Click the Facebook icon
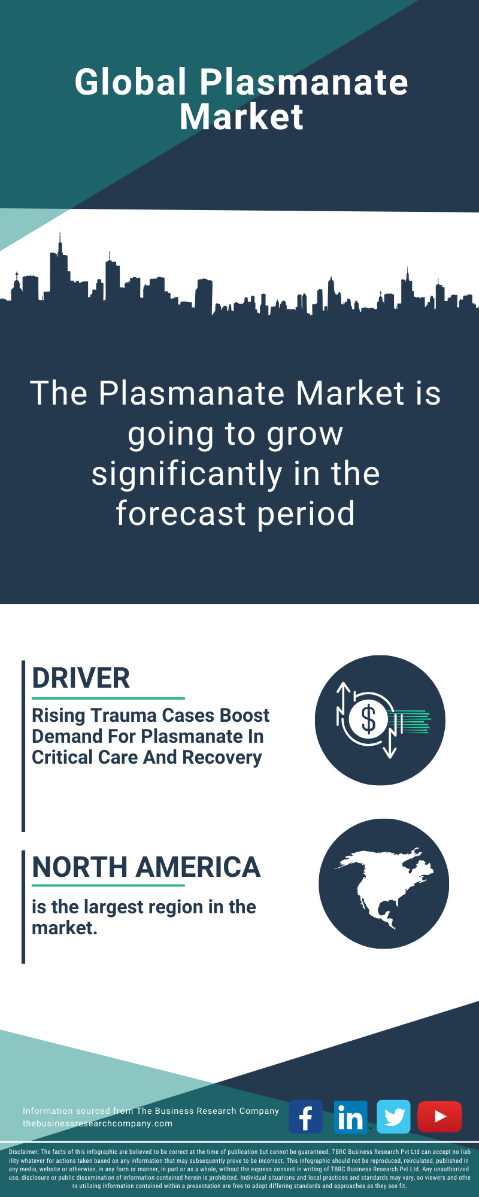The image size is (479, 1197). (x=305, y=1116)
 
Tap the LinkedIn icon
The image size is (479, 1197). (x=350, y=1116)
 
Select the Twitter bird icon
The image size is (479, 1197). (x=394, y=1116)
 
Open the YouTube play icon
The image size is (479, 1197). (x=439, y=1116)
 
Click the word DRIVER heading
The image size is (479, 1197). (x=81, y=678)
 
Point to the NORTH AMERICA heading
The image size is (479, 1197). (x=146, y=867)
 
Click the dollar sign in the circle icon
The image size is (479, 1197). (x=368, y=719)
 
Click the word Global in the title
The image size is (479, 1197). (x=131, y=82)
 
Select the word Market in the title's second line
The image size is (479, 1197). (x=241, y=117)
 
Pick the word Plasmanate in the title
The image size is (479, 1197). (x=304, y=82)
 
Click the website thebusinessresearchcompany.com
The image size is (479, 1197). (x=98, y=1123)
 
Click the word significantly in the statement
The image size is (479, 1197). (x=187, y=475)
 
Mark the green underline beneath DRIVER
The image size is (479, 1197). (x=108, y=698)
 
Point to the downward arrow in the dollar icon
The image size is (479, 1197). (x=390, y=742)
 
